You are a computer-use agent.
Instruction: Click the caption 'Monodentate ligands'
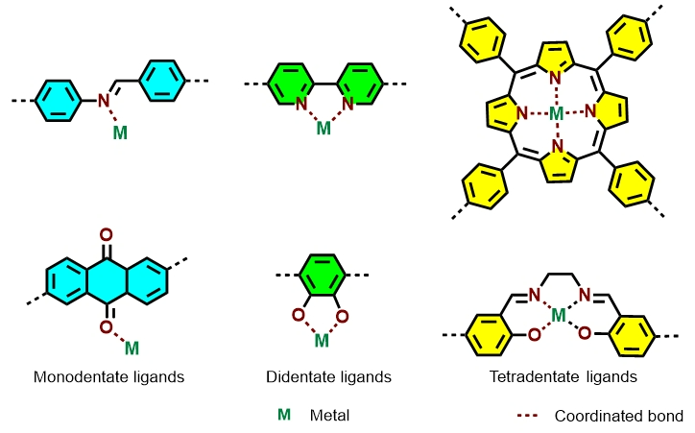coord(108,377)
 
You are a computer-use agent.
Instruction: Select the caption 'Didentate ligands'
coord(329,377)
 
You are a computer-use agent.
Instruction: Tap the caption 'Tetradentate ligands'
coord(563,377)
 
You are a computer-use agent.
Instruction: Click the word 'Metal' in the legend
coord(330,416)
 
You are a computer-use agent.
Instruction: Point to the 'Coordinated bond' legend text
coord(619,416)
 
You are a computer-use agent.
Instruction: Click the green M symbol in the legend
coord(284,416)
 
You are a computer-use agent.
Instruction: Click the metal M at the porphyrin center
coord(558,115)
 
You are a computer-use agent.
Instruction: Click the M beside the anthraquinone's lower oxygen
coord(132,347)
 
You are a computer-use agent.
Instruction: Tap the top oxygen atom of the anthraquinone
coord(106,233)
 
